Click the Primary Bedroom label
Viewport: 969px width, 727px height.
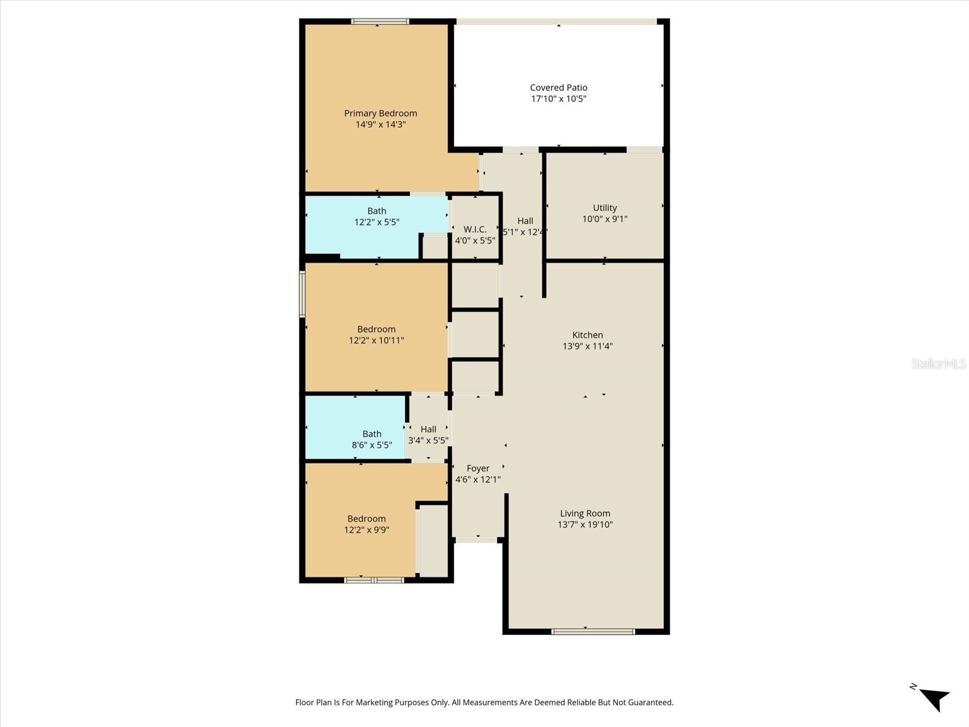click(x=380, y=113)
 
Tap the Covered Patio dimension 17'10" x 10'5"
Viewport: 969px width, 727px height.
click(x=558, y=99)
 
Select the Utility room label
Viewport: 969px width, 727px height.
click(x=604, y=208)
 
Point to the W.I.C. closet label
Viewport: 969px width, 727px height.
click(x=475, y=229)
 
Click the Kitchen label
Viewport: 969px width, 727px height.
click(x=587, y=335)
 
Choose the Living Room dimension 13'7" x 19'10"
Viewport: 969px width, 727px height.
click(x=585, y=525)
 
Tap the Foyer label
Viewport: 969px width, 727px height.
click(x=478, y=468)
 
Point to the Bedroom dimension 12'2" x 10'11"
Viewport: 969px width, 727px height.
click(x=376, y=340)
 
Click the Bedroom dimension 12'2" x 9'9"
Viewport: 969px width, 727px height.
click(x=366, y=530)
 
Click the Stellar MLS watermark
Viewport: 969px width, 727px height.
click(x=938, y=363)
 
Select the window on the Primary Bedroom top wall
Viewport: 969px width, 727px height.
click(x=380, y=22)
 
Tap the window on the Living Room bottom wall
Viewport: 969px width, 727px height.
click(x=593, y=632)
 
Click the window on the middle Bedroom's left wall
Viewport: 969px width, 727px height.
click(x=302, y=294)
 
